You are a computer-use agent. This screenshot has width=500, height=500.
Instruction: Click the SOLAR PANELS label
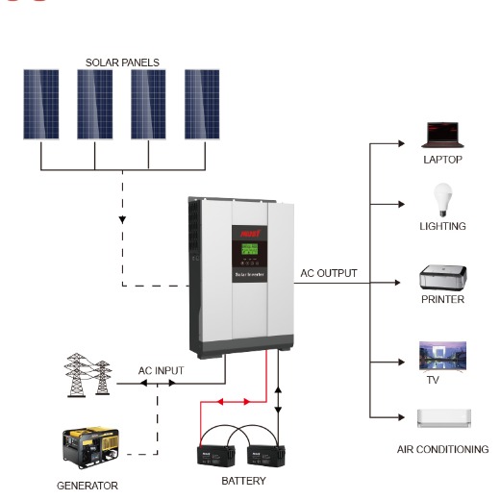[x=122, y=62]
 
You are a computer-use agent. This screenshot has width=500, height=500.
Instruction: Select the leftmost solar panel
[x=40, y=104]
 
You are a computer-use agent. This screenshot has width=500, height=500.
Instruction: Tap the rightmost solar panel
[x=202, y=104]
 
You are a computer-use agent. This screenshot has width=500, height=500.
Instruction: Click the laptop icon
[x=442, y=135]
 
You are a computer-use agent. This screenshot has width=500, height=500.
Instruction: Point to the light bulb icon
[x=442, y=200]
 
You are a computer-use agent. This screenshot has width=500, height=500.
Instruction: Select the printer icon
[x=442, y=278]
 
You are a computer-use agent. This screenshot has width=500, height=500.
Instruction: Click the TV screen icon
[x=442, y=355]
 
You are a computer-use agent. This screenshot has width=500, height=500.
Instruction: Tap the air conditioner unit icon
[x=442, y=418]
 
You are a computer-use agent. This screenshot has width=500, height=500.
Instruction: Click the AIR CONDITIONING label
[x=442, y=449]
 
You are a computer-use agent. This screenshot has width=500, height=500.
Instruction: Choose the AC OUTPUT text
[x=329, y=273]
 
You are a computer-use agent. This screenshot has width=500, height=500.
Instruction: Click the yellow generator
[x=87, y=448]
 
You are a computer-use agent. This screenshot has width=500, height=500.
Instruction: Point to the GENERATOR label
[x=87, y=486]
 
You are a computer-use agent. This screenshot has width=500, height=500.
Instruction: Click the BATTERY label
[x=243, y=480]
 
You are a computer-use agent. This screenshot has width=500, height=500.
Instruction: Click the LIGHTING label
[x=442, y=226]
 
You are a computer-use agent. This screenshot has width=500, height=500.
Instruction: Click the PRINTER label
[x=442, y=299]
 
